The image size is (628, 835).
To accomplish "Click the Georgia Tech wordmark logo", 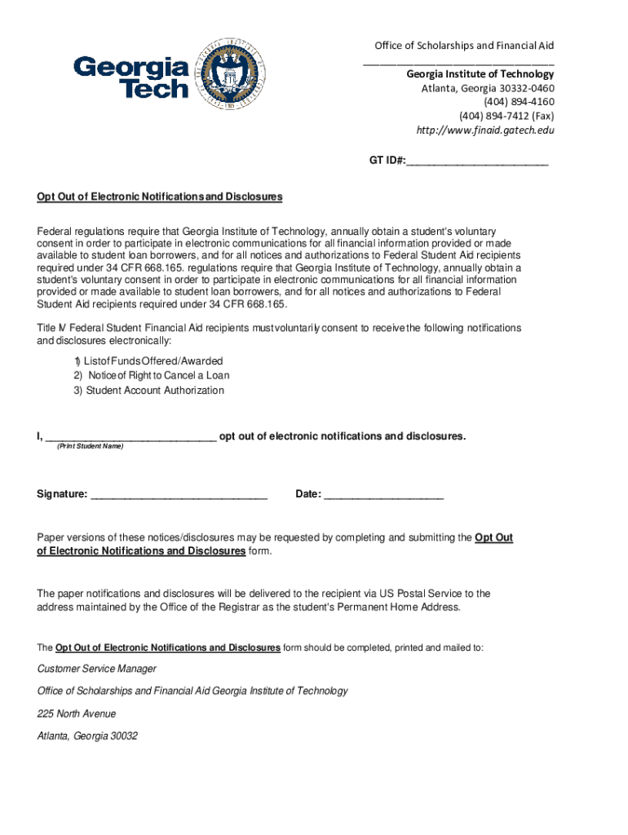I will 131,77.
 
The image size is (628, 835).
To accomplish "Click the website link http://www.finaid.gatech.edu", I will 485,130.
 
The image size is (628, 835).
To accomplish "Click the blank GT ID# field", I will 477,161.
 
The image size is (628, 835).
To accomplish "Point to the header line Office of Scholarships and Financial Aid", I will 464,46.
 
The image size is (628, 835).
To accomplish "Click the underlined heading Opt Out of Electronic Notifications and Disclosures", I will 159,197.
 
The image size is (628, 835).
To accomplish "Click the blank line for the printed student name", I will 131,436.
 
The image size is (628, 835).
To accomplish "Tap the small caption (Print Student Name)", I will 90,447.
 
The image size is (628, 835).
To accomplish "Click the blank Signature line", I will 179,494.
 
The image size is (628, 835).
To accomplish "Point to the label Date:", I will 308,494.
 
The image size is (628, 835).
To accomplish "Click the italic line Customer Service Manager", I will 97,669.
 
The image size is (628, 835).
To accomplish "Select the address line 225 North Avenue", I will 77,714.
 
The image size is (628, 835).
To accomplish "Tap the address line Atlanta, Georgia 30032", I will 87,736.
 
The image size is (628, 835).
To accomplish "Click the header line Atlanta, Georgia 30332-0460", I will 488,88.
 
